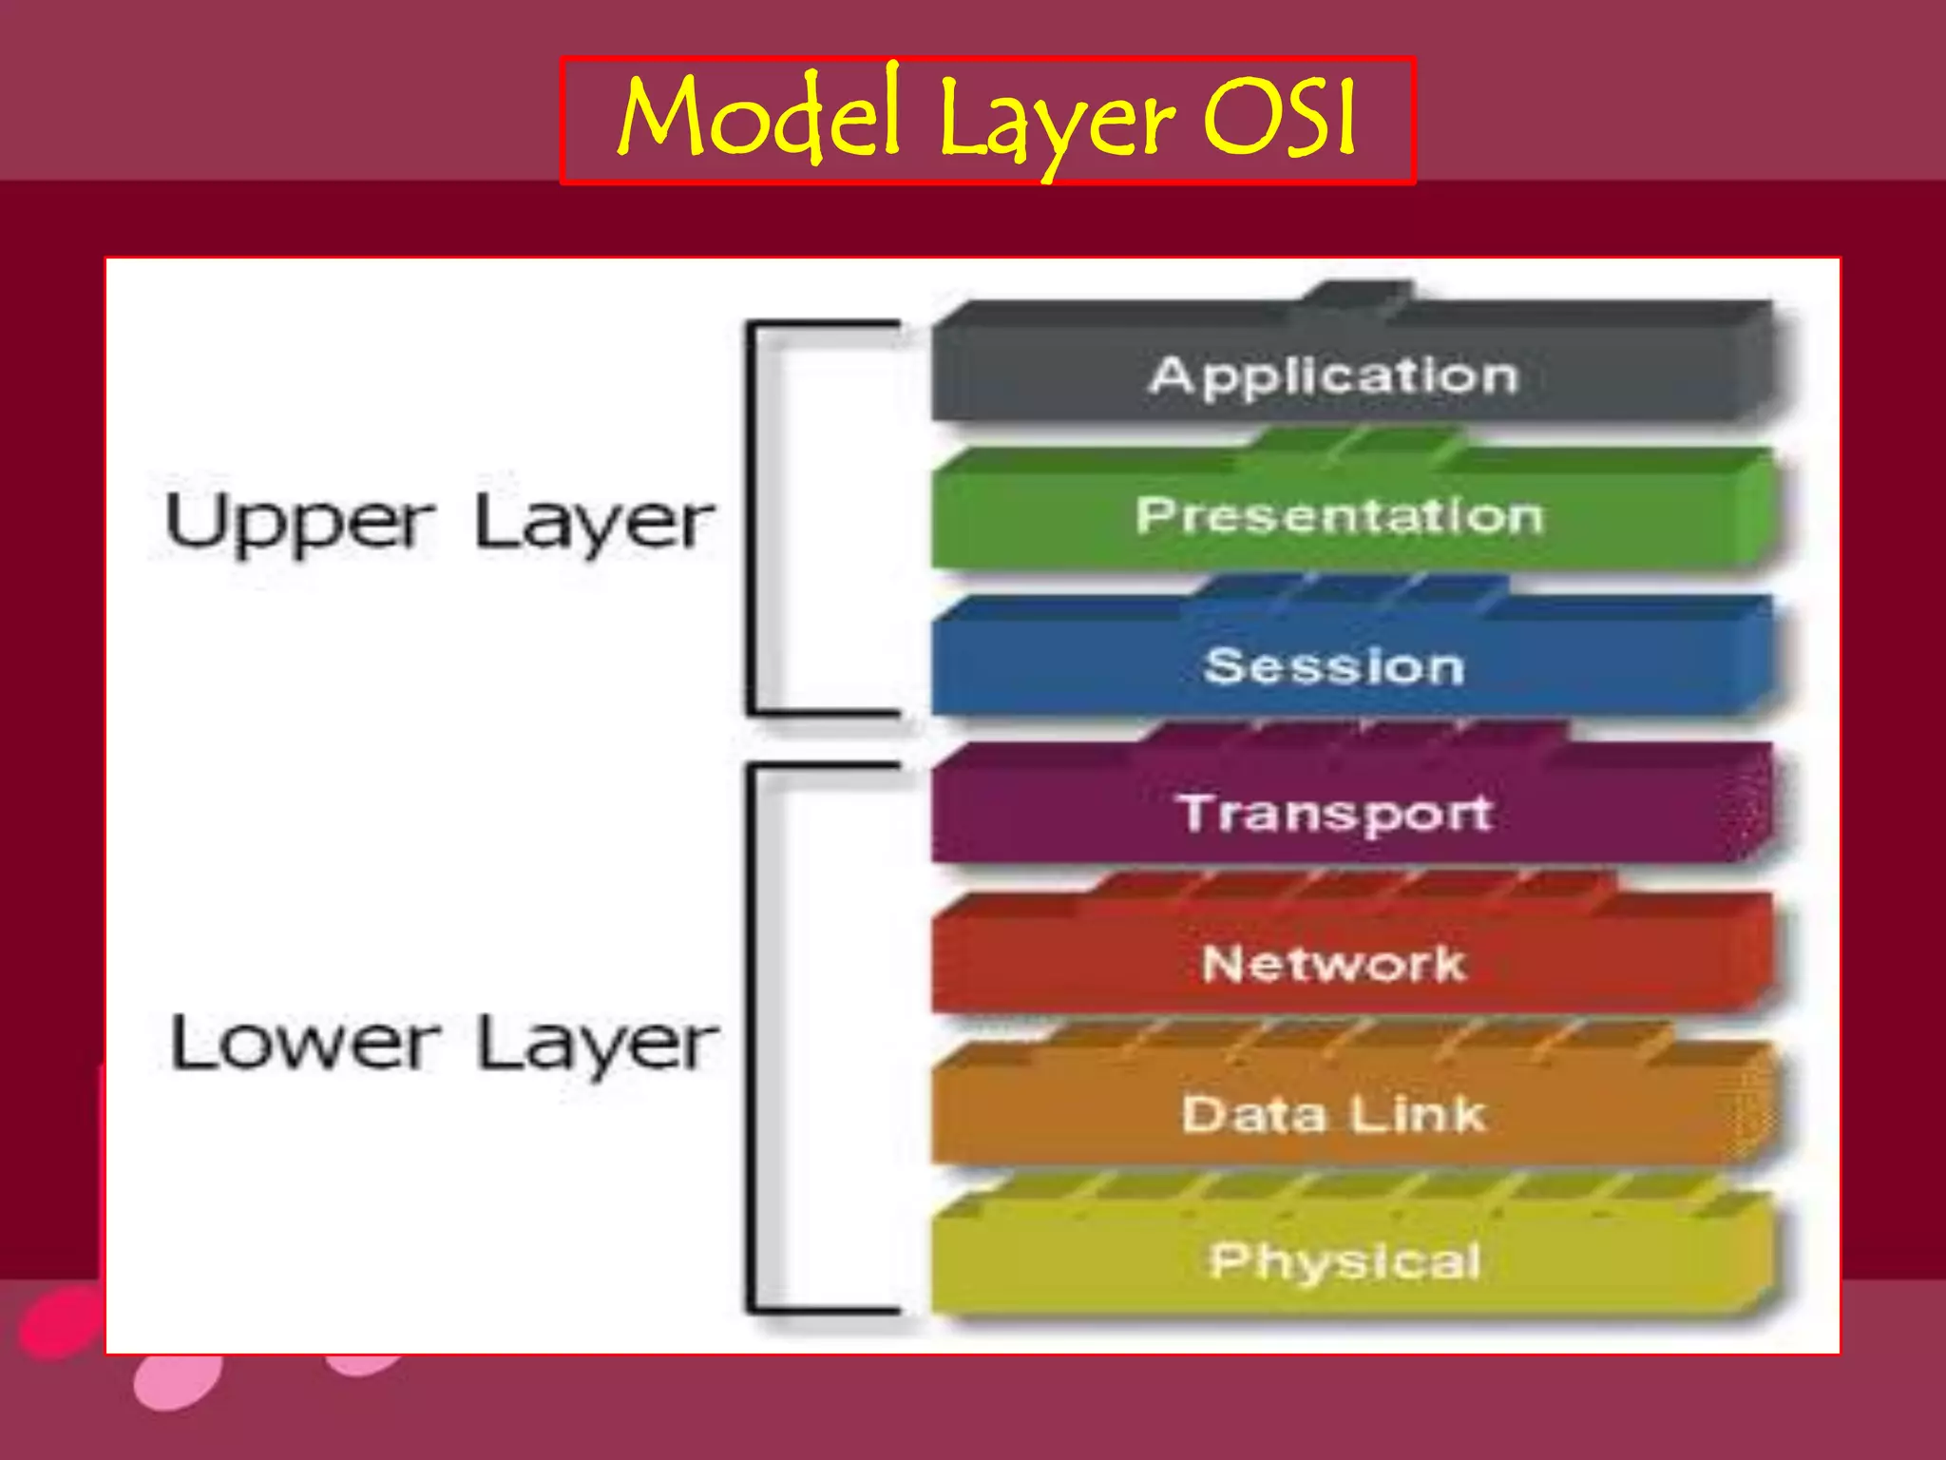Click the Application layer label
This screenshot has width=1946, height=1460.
1334,375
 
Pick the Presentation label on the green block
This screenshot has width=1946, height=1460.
1340,516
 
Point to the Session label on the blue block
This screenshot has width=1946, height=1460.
1334,665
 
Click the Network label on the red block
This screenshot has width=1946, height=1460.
1334,963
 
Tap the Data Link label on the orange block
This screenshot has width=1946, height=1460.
1334,1113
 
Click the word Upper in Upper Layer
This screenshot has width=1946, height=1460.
299,523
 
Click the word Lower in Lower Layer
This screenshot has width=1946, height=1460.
304,1044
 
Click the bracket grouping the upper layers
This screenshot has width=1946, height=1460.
753,518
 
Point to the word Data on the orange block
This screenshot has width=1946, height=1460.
1253,1114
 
